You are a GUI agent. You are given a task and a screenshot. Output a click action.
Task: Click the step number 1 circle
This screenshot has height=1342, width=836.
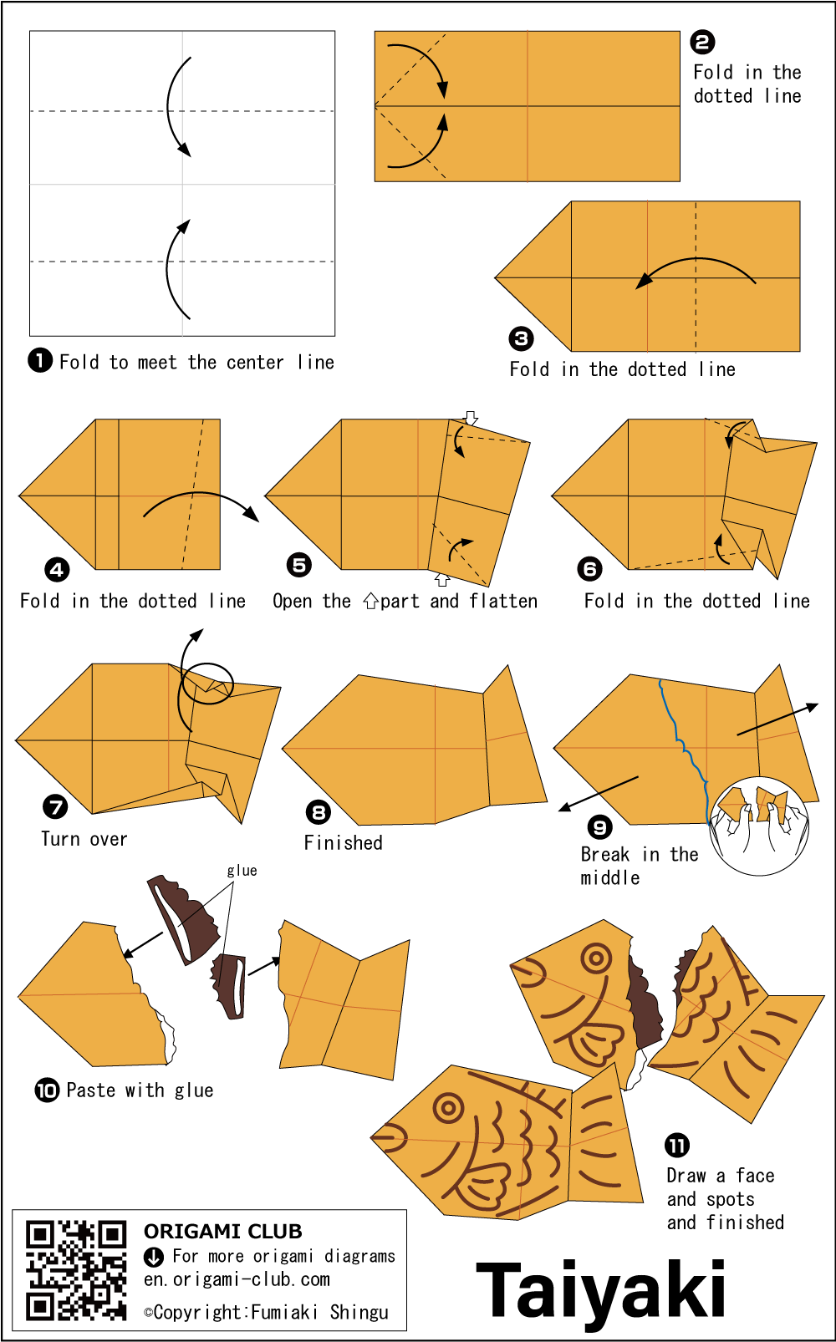(40, 361)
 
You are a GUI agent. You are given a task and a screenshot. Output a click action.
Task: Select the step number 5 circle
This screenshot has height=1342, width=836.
(299, 565)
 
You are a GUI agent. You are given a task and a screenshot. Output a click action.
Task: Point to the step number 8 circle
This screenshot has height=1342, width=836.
(319, 811)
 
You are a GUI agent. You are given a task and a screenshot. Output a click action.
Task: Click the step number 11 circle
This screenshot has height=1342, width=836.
(677, 1146)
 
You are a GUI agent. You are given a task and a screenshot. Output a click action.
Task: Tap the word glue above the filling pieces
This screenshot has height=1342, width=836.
(242, 871)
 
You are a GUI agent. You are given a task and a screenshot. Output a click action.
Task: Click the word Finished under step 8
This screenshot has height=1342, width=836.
(343, 842)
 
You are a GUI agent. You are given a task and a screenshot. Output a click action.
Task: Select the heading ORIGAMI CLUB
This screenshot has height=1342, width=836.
(223, 1231)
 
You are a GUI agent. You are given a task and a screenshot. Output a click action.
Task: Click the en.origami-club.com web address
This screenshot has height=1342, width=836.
(237, 1279)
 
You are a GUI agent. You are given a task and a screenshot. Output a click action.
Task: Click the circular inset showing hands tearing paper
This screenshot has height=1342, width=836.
(759, 826)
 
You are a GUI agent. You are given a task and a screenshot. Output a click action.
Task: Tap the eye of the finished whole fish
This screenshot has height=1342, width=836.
(447, 1107)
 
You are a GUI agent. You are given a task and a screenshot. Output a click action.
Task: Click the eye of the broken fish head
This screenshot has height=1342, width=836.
(596, 958)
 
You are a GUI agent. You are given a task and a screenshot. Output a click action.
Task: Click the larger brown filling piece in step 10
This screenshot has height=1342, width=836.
(183, 920)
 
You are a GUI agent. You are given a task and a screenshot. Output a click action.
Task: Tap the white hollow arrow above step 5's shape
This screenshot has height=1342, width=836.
(472, 418)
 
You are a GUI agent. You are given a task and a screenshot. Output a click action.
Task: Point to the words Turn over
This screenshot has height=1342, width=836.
(84, 839)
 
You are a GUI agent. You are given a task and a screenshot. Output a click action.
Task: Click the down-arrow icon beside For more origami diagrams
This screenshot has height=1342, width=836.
(154, 1258)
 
